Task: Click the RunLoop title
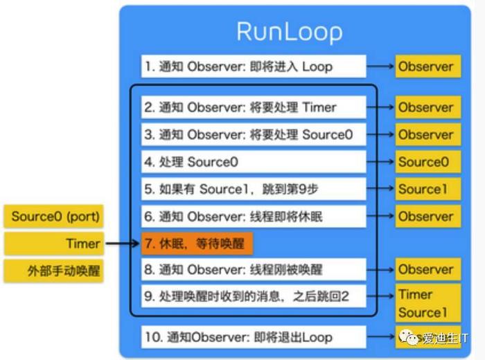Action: click(x=289, y=32)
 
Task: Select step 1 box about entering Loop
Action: click(x=253, y=67)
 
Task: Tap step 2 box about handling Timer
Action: click(x=253, y=107)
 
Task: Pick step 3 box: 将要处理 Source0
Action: click(x=253, y=134)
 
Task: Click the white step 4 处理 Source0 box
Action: click(x=253, y=162)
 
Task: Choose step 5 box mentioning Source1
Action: click(x=253, y=189)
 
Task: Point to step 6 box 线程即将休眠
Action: click(x=253, y=216)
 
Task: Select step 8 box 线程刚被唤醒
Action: click(x=253, y=270)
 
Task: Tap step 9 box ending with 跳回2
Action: click(x=253, y=296)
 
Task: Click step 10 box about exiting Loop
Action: click(x=253, y=337)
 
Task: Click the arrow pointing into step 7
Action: click(x=123, y=243)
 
